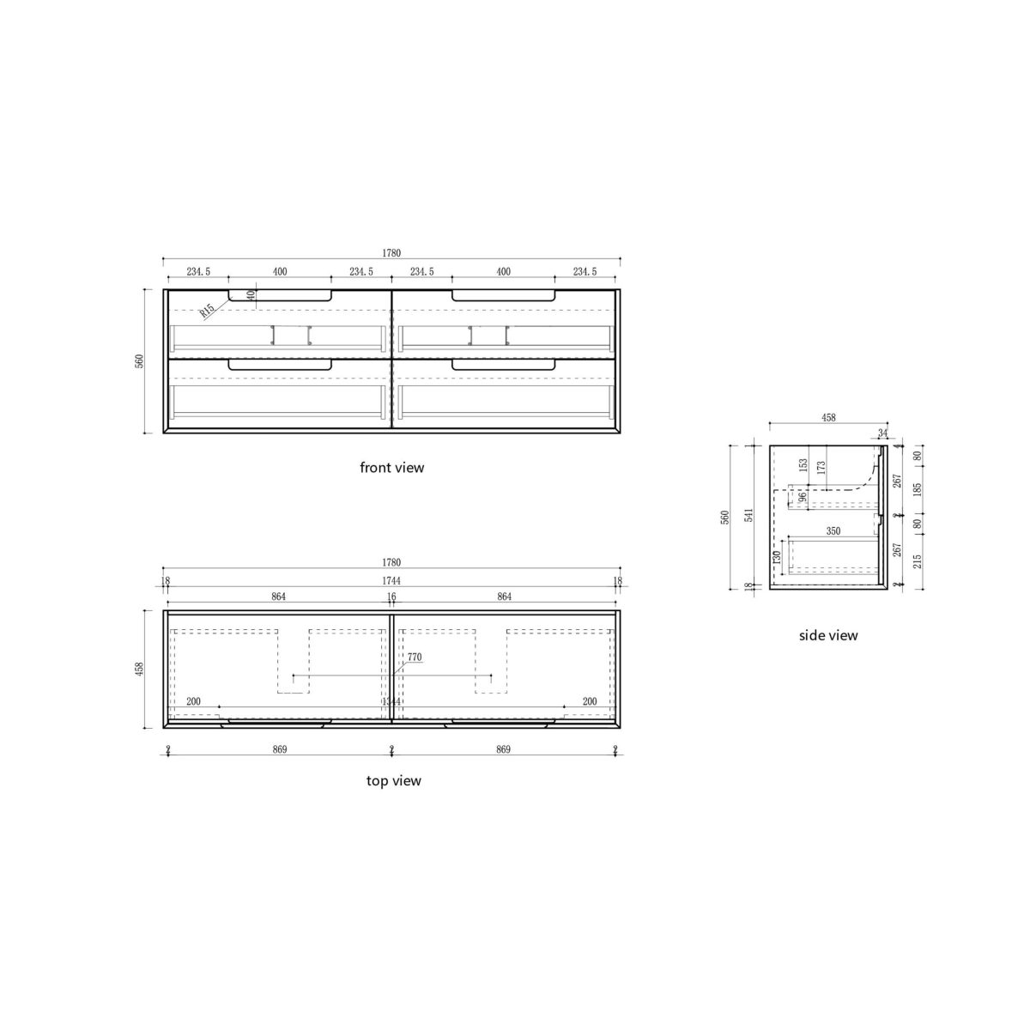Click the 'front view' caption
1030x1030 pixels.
(x=391, y=468)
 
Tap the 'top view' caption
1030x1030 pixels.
(x=393, y=781)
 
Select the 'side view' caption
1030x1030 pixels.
(x=828, y=635)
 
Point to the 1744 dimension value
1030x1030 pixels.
(x=391, y=581)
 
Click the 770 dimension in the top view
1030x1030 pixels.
(x=415, y=657)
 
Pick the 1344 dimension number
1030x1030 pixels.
(x=391, y=702)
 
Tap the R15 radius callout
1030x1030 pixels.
(x=206, y=311)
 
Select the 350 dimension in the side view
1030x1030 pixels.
(x=833, y=531)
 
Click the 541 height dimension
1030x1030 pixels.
(x=748, y=516)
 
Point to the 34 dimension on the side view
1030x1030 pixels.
(x=883, y=433)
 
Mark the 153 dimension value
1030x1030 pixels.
(x=803, y=465)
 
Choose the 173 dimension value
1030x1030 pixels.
(x=821, y=468)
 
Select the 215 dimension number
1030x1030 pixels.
(x=918, y=560)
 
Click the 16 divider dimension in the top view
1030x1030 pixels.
(x=391, y=596)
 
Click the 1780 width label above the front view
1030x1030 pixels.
(x=391, y=253)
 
